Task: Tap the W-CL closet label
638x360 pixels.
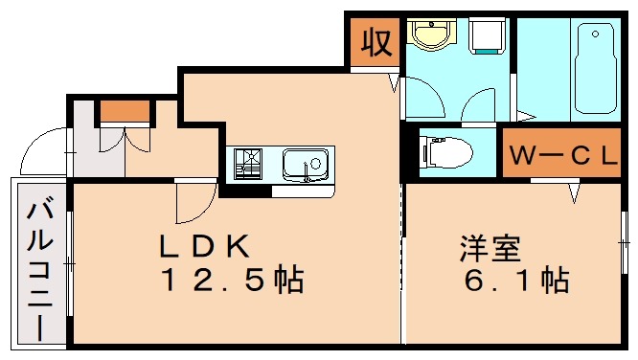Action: click(561, 156)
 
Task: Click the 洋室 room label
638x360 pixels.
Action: click(490, 248)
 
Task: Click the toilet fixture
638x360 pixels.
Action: click(447, 151)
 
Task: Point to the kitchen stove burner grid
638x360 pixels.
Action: click(248, 164)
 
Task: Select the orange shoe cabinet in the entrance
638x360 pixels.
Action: click(126, 111)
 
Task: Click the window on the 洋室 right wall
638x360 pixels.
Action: click(626, 243)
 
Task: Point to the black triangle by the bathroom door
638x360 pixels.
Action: click(525, 118)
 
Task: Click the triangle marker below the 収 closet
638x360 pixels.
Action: click(394, 84)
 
